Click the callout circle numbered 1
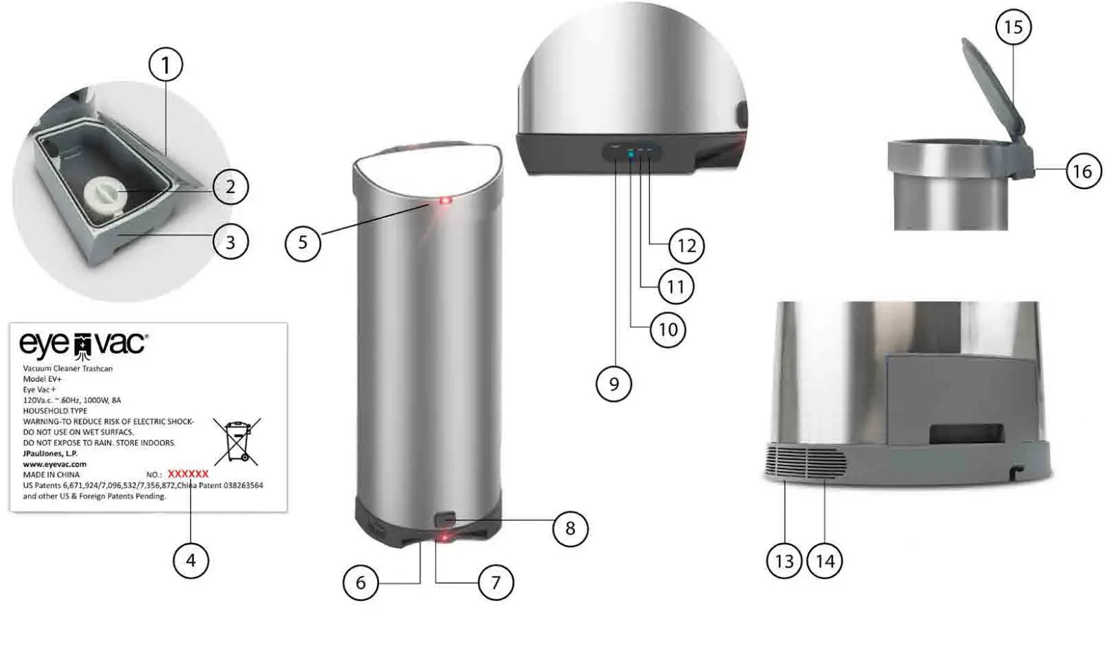point(166,65)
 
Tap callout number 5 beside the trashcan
point(302,243)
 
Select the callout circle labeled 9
point(614,384)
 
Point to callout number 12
point(686,246)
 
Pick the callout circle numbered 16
point(1082,171)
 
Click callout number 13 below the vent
point(784,561)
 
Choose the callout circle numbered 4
point(190,561)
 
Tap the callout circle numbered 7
point(495,582)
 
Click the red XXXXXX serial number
point(188,474)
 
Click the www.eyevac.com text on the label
point(55,464)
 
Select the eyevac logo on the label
point(83,344)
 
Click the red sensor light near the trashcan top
point(445,201)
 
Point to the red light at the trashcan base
point(445,539)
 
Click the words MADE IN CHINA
point(51,475)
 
